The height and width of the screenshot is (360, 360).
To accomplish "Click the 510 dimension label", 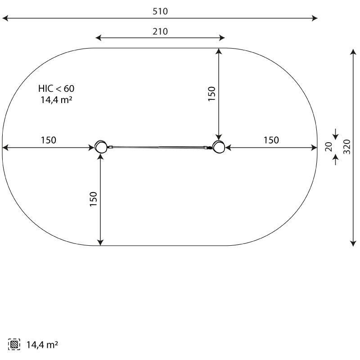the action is coord(160,11).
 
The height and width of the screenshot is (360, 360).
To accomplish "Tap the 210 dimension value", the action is coord(160,31).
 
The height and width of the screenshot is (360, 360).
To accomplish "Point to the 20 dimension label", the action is coord(329,147).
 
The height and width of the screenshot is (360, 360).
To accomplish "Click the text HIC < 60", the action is coord(56,89).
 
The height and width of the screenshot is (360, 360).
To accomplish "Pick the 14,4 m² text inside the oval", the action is coord(57,100).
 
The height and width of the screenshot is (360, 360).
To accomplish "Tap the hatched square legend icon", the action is coord(14,344).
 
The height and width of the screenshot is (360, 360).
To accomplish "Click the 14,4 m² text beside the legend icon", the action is coord(42,345).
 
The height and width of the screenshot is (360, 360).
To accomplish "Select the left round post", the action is coord(101,146).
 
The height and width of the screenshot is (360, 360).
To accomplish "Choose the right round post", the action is coord(218,146).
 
